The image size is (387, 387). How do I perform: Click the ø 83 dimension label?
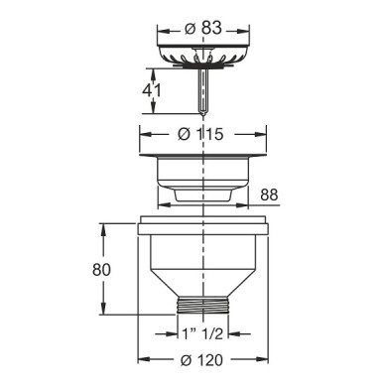coord(203,29)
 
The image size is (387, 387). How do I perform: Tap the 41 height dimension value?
coord(152,90)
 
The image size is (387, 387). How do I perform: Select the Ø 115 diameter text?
coord(200,134)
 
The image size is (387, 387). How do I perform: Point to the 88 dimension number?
coord(269,194)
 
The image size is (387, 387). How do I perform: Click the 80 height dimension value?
coord(101,270)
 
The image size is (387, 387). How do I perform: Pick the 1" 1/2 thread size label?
coord(203,334)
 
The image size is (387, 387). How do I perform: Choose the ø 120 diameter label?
coord(201,360)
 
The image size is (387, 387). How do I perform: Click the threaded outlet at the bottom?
coord(202,305)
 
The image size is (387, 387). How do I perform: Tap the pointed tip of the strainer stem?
coord(203,115)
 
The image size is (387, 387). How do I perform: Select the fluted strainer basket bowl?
coord(203,55)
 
